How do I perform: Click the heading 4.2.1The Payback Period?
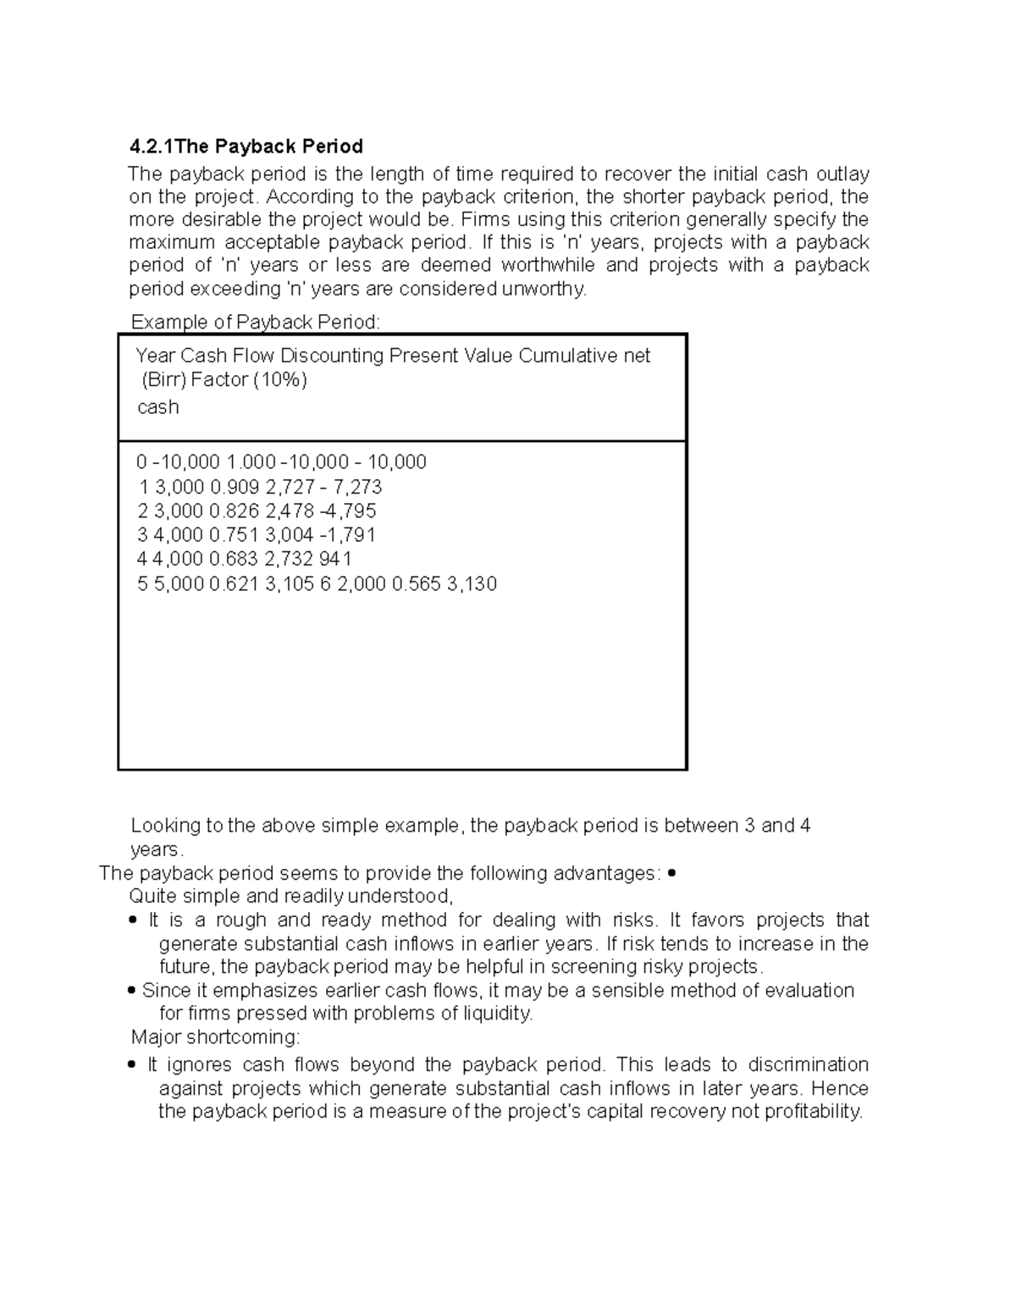coord(246,146)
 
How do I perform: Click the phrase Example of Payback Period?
coord(256,322)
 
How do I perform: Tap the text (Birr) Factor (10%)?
coord(224,380)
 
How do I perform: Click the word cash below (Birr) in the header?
coord(157,407)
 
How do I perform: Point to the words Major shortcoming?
coord(215,1037)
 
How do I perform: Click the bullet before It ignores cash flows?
coord(131,1065)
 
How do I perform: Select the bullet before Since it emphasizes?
coord(131,991)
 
